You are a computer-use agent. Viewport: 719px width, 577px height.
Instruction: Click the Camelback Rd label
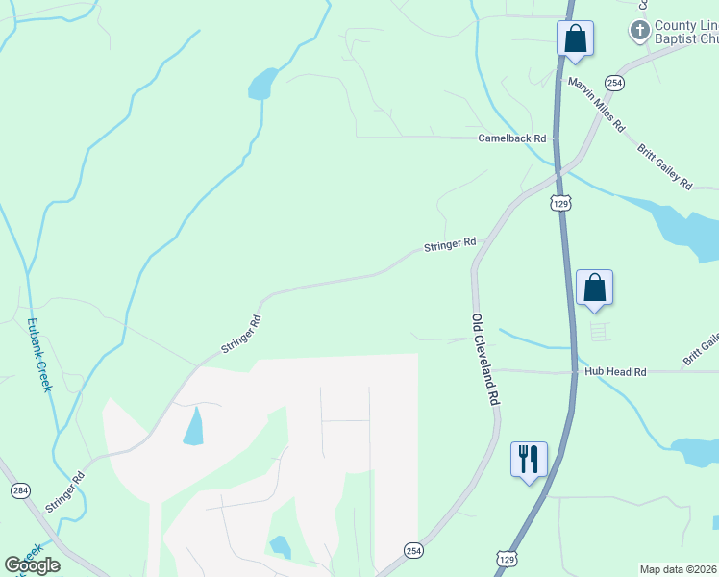click(x=511, y=138)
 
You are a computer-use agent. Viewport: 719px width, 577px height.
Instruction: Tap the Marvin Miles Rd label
click(x=596, y=105)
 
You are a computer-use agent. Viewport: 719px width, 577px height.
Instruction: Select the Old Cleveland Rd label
click(x=486, y=358)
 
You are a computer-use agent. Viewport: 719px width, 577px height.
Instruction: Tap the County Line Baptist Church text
click(x=685, y=32)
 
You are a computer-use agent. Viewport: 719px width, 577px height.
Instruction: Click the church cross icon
click(x=639, y=31)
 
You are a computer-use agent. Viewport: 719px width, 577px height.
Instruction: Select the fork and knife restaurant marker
click(x=529, y=459)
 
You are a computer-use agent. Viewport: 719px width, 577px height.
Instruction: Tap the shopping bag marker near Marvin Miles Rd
click(x=575, y=38)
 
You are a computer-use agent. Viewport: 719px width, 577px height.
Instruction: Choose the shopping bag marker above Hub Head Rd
click(x=594, y=287)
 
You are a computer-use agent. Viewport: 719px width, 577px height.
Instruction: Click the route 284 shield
click(x=20, y=490)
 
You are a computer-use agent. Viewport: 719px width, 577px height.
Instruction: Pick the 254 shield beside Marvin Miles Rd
click(x=615, y=84)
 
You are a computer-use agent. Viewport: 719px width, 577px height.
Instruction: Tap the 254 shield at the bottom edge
click(x=412, y=547)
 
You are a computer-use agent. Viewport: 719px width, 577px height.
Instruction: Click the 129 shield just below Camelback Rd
click(x=561, y=203)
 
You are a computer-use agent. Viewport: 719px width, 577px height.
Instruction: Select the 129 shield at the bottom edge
click(x=507, y=557)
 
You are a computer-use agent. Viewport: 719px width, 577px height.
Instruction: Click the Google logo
click(x=33, y=565)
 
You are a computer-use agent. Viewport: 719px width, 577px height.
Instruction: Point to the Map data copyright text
click(x=678, y=569)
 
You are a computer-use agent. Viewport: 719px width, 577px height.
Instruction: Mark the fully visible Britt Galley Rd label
click(x=663, y=165)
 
